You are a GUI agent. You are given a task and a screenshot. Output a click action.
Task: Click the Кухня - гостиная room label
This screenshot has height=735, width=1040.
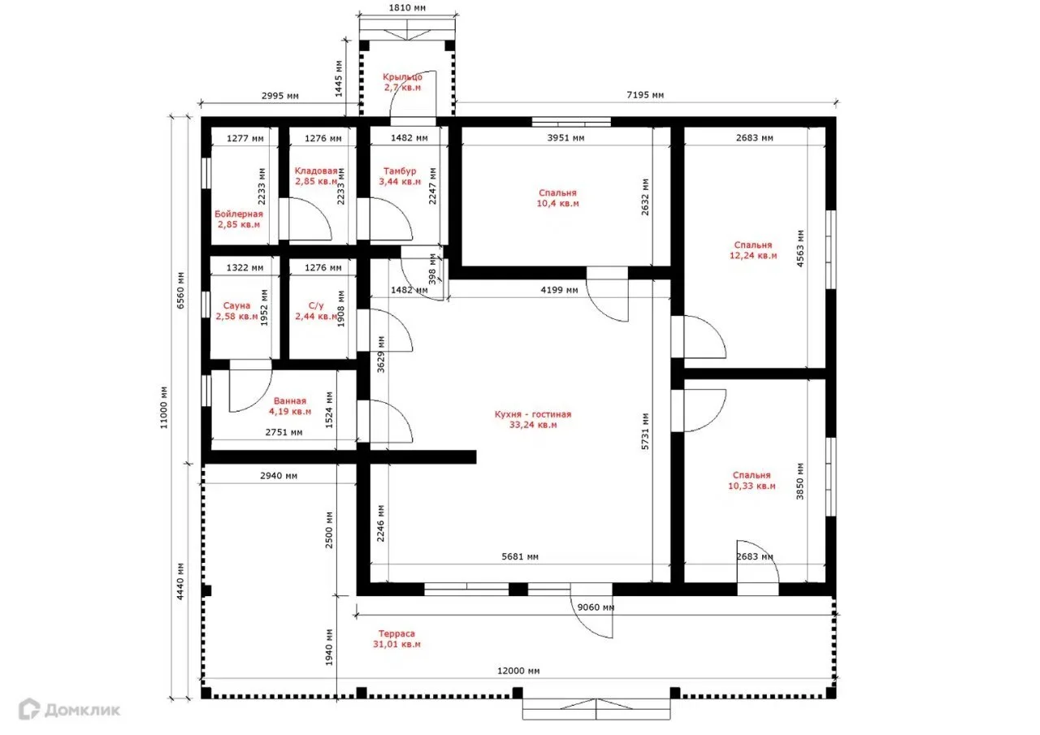(532, 419)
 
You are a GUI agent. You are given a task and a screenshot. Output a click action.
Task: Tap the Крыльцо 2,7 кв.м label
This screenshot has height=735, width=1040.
(402, 82)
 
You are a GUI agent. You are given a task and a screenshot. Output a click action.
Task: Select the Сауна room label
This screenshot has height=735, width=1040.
(236, 311)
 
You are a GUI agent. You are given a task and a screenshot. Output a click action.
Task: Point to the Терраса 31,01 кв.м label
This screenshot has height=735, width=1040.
(396, 639)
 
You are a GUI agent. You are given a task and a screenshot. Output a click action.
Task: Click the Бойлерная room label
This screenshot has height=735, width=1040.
(239, 219)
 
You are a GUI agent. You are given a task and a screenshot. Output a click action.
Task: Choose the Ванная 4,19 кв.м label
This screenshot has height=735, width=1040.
(290, 406)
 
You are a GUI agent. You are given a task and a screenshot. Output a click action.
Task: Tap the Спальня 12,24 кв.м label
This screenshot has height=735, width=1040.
(753, 250)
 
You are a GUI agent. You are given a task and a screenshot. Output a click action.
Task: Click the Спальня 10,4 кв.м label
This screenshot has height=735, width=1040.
(557, 198)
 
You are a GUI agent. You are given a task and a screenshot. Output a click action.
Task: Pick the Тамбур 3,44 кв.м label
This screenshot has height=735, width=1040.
(400, 176)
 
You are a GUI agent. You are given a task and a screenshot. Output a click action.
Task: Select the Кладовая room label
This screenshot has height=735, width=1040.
(316, 176)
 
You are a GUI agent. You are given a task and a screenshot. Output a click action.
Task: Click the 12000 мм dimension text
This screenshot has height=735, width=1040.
(518, 671)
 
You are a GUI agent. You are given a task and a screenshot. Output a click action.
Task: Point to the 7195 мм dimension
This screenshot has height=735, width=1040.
(645, 95)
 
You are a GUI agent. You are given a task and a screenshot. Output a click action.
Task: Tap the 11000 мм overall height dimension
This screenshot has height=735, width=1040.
(164, 408)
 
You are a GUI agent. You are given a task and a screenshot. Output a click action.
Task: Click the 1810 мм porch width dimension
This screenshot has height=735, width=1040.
(407, 8)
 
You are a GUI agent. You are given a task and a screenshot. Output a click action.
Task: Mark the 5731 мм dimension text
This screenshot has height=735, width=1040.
(645, 431)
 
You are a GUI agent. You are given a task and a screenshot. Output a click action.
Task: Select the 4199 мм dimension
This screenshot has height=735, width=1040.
(560, 290)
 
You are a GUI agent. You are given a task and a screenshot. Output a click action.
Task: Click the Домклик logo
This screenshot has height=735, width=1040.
(70, 710)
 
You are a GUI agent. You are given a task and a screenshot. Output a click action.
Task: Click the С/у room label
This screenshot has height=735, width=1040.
(316, 311)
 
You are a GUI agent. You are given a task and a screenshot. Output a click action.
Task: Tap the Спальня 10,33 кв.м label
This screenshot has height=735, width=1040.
(752, 481)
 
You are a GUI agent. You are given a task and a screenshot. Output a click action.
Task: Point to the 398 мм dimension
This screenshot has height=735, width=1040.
(433, 269)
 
